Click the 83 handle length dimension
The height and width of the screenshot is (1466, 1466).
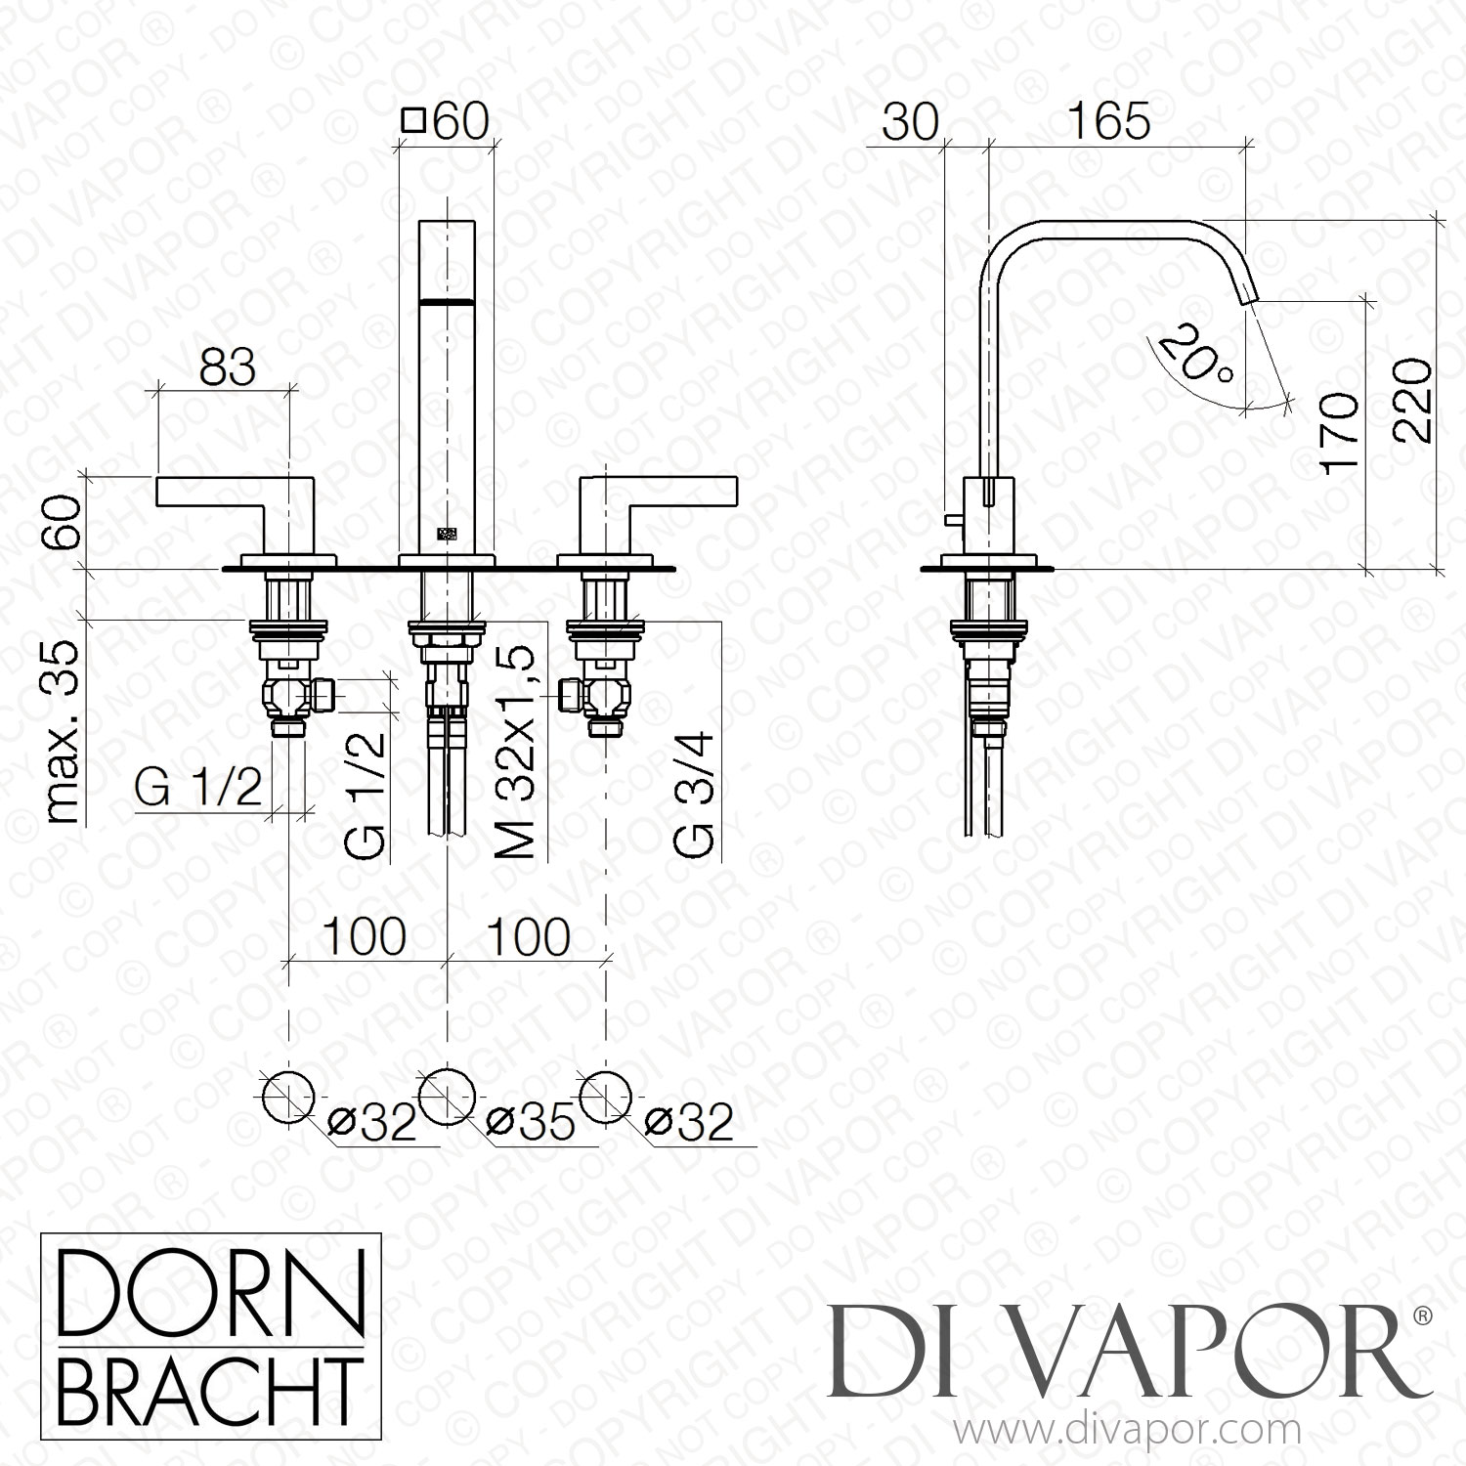pyautogui.click(x=227, y=368)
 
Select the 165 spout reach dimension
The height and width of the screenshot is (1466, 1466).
pyautogui.click(x=1108, y=122)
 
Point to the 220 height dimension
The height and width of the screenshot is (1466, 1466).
pyautogui.click(x=1412, y=401)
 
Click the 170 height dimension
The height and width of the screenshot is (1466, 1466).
pyautogui.click(x=1340, y=433)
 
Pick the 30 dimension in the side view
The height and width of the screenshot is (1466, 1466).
pyautogui.click(x=910, y=122)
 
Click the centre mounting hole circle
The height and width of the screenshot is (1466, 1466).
pyautogui.click(x=447, y=1098)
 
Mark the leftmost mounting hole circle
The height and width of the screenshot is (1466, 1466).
pyautogui.click(x=288, y=1098)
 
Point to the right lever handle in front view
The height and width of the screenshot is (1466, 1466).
pyautogui.click(x=661, y=492)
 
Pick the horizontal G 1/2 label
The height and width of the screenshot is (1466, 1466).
pyautogui.click(x=198, y=788)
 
